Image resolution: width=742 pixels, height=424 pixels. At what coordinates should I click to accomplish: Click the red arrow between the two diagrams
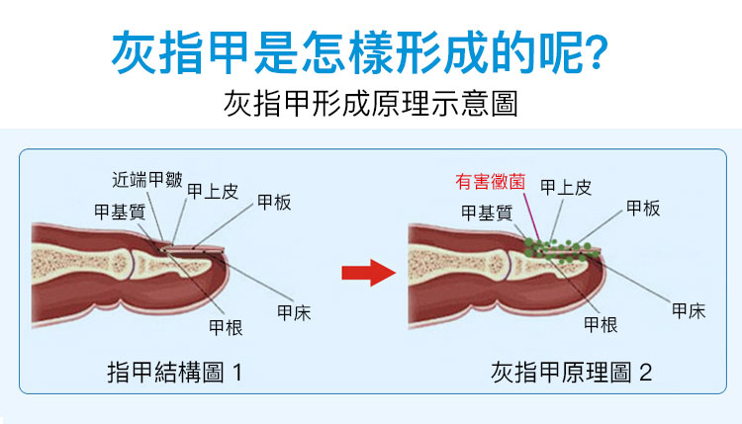[x=369, y=272]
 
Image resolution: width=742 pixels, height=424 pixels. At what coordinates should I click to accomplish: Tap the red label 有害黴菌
[x=491, y=182]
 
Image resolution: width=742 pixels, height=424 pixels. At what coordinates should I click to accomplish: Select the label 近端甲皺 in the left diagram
[x=147, y=180]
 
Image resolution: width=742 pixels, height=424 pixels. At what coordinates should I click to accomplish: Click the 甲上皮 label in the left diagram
[x=213, y=192]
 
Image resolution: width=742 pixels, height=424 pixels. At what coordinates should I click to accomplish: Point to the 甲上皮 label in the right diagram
[x=566, y=188]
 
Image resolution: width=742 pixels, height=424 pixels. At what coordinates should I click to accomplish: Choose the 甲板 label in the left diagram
[x=274, y=203]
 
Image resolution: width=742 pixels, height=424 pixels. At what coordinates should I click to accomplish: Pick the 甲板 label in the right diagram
[x=643, y=208]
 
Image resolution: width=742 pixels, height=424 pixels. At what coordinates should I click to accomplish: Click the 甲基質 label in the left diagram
[x=120, y=212]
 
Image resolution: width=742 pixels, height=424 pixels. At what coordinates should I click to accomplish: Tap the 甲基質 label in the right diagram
[x=487, y=213]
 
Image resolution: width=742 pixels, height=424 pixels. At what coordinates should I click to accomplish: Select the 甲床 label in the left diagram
[x=294, y=313]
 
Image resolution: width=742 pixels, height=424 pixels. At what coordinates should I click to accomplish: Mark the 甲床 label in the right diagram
[x=689, y=311]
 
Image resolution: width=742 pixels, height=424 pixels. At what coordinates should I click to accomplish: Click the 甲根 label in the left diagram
[x=226, y=327]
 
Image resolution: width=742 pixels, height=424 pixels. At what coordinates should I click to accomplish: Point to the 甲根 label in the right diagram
[x=601, y=325]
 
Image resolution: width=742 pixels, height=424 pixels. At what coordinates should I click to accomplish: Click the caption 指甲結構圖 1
[x=174, y=372]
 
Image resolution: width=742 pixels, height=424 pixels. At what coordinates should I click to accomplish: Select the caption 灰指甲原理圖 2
[x=571, y=373]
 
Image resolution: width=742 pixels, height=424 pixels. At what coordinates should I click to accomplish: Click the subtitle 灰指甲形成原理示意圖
[x=371, y=103]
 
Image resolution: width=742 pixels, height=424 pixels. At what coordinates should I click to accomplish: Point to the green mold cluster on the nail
[x=561, y=250]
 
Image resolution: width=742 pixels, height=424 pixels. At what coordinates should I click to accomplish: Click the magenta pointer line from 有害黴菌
[x=531, y=216]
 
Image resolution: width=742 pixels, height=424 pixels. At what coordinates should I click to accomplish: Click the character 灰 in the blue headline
[x=134, y=52]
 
